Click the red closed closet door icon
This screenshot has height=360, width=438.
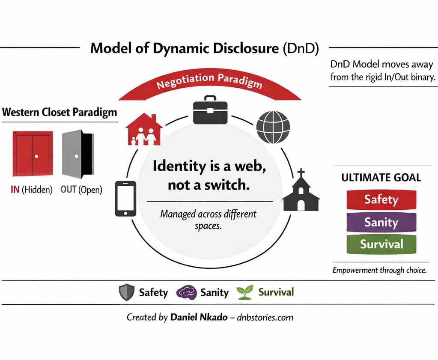tap(33, 155)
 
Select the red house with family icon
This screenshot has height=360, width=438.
tap(144, 129)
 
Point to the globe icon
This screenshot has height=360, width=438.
tap(273, 127)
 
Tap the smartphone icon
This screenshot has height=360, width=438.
tap(125, 198)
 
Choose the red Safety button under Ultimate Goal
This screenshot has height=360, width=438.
tap(381, 199)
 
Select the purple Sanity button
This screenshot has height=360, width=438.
tap(381, 222)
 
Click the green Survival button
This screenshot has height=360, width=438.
tap(381, 244)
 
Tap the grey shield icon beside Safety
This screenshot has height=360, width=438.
tap(127, 293)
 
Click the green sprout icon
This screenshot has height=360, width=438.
tap(245, 292)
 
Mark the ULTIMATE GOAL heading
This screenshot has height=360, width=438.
tap(381, 177)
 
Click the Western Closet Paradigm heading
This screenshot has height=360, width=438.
tap(60, 113)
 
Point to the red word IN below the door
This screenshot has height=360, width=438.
tap(15, 189)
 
